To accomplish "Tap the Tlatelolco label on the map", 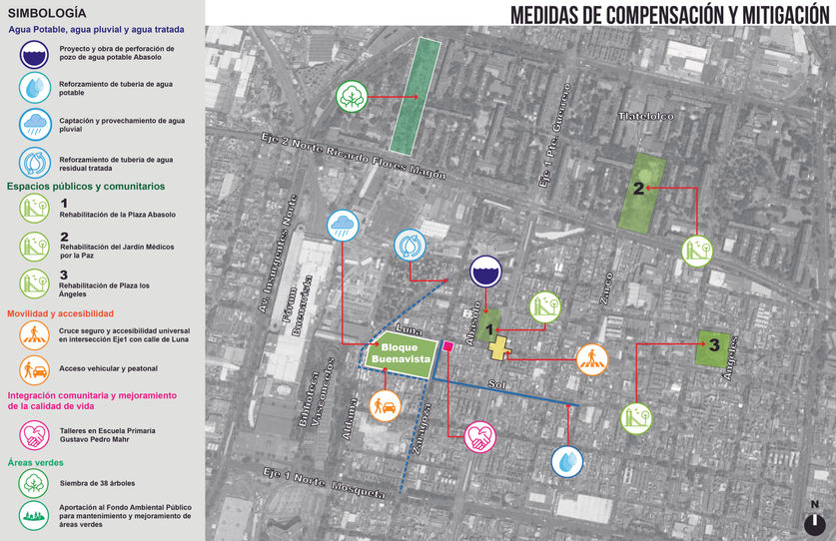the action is coord(646,117).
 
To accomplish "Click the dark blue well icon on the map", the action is coord(487,271).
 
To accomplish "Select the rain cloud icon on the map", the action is coord(343,226).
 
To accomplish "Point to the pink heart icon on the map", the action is coord(480,437).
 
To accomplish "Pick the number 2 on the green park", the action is coord(637,187).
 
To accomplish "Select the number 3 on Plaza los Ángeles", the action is coord(713,345).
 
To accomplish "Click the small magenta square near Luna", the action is coord(448,346).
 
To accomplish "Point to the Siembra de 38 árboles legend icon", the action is coord(36,483).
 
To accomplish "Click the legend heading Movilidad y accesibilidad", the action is coord(62,314).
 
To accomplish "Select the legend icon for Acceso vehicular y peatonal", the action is coord(36,369).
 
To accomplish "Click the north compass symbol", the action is coord(817,521).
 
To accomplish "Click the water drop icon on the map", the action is coord(567,461).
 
